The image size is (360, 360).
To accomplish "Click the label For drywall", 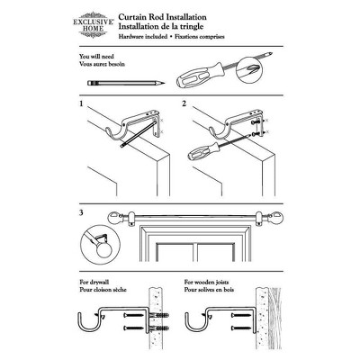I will (x=93, y=281).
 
